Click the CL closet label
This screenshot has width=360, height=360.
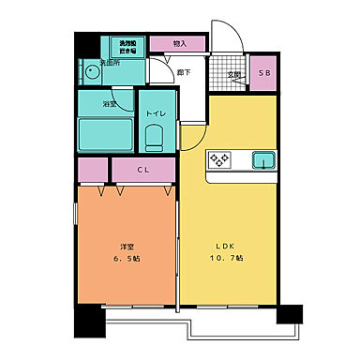(x=142, y=171)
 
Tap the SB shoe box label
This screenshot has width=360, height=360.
(x=263, y=74)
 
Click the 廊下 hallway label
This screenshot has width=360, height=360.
(x=184, y=72)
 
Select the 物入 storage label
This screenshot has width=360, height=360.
(x=180, y=43)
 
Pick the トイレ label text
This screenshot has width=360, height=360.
(x=156, y=114)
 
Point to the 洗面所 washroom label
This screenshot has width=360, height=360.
(x=111, y=64)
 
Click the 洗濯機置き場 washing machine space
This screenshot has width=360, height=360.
(x=127, y=47)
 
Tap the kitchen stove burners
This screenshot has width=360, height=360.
(x=220, y=160)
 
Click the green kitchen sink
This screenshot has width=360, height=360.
(x=262, y=160)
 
